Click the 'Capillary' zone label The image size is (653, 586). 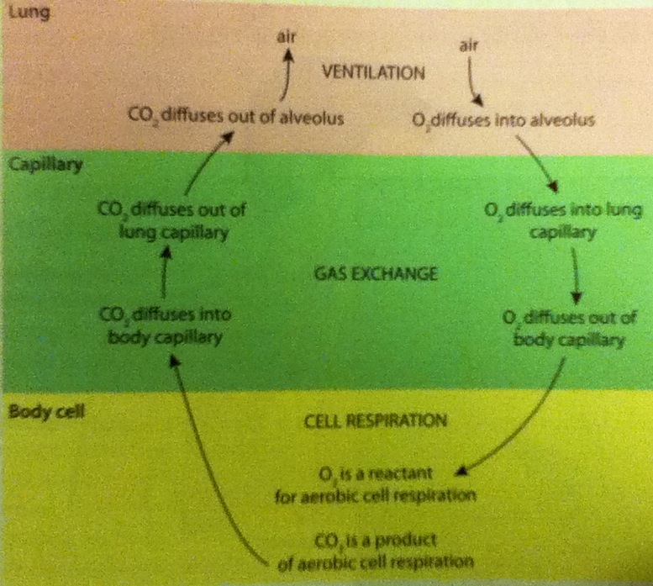point(44,166)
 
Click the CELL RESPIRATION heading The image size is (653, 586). point(374,418)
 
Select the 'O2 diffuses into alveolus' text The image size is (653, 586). point(503,120)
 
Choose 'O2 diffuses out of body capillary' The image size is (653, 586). point(570,330)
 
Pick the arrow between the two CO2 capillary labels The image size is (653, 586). point(165,276)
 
